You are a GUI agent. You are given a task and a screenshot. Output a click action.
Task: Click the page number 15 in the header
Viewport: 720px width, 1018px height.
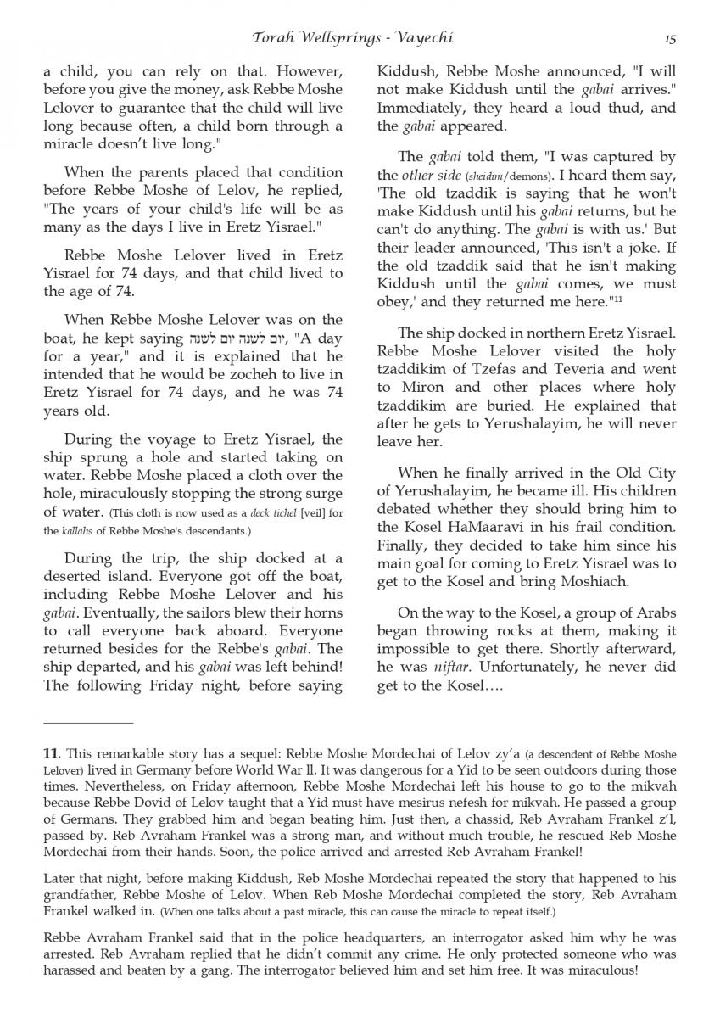point(669,38)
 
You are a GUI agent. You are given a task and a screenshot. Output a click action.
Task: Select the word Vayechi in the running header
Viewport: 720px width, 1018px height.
point(441,38)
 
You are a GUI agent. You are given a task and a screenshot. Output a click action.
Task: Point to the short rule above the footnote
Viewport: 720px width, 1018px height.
point(88,724)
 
